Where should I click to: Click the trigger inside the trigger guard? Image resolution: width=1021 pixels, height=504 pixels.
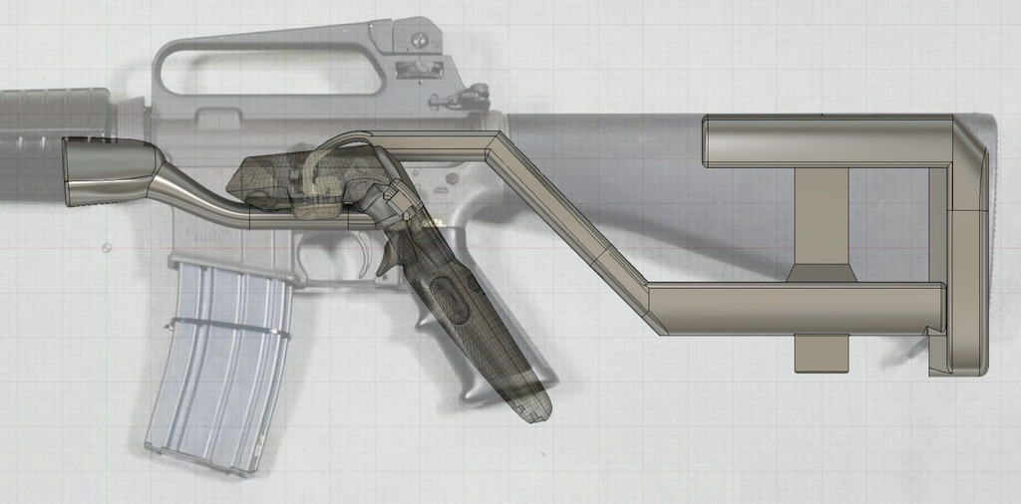click(x=382, y=257)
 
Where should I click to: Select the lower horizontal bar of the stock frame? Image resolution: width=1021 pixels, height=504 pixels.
click(x=798, y=308)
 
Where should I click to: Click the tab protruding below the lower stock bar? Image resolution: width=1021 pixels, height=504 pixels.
click(x=822, y=354)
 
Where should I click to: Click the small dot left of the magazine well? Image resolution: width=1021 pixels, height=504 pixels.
click(x=105, y=247)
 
